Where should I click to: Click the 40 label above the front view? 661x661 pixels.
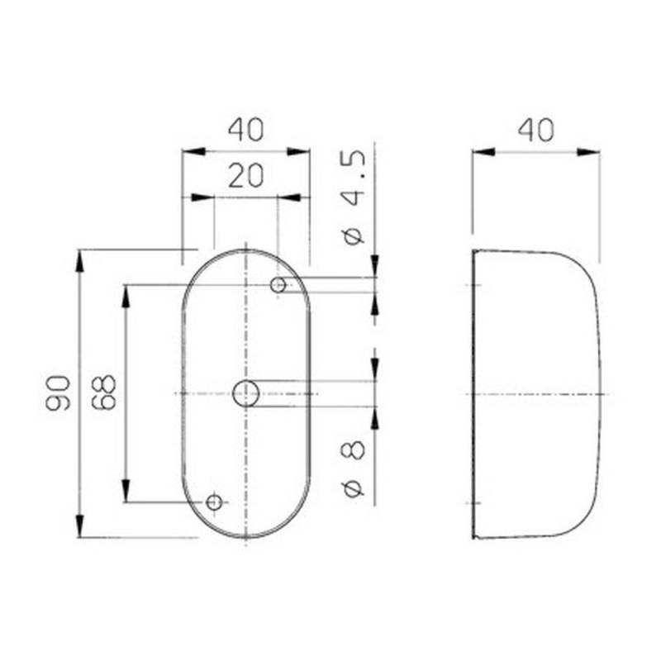tap(245, 130)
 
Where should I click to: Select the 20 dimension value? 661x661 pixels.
tap(245, 176)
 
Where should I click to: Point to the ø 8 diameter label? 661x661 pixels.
tap(353, 468)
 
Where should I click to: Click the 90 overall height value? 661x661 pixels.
tap(57, 392)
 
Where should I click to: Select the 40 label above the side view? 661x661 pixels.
tap(535, 130)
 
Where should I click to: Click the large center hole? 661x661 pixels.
tap(246, 394)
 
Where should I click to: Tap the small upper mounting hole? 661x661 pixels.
tap(279, 286)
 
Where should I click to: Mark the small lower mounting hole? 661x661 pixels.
tap(214, 502)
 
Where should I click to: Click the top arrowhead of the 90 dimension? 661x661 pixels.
tap(80, 261)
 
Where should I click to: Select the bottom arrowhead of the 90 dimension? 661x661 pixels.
tap(80, 525)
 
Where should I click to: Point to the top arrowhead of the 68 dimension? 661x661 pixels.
tap(126, 296)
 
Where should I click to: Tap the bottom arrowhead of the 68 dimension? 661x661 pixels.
tap(126, 491)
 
